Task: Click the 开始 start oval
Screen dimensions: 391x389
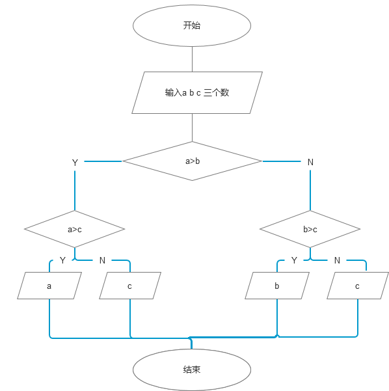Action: click(x=192, y=25)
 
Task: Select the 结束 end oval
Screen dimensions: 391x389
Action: click(x=192, y=370)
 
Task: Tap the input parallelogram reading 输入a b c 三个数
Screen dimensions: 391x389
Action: click(x=197, y=92)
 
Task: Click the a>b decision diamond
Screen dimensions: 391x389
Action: click(x=192, y=161)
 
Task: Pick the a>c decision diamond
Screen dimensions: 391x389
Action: click(x=74, y=229)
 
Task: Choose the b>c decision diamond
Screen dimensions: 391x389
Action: click(x=310, y=229)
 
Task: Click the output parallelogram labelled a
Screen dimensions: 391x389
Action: click(x=49, y=286)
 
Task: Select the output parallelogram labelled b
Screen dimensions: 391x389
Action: click(x=277, y=286)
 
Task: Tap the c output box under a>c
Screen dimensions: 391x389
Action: click(x=130, y=286)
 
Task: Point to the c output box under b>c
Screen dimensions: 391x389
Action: click(x=358, y=286)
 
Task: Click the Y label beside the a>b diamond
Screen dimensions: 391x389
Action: click(x=75, y=163)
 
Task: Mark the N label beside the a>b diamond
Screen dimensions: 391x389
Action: click(x=310, y=162)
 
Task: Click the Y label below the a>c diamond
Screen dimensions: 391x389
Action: click(x=62, y=260)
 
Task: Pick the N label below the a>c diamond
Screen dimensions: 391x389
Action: click(x=102, y=260)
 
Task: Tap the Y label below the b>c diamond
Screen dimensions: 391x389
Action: click(x=294, y=260)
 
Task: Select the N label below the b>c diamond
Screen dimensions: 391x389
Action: click(x=337, y=260)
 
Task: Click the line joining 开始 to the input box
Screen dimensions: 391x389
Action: click(x=192, y=60)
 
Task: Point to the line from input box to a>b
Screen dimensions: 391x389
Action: click(x=192, y=127)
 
